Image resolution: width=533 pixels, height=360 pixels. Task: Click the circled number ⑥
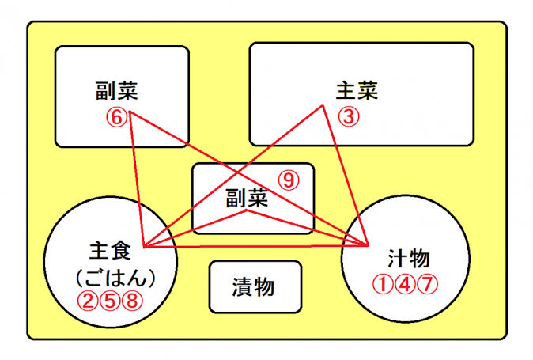coord(117,118)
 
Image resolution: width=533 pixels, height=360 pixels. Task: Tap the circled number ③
coord(349,117)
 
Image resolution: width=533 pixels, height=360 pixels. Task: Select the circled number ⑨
coord(289,180)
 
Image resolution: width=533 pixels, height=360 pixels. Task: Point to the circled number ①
coord(383,285)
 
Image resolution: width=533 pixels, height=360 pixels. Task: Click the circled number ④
coord(405,285)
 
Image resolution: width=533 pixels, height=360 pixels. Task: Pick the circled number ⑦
coord(427,285)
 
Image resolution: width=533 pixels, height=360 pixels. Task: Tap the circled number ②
coord(88,301)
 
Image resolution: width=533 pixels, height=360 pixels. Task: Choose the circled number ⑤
coord(110,301)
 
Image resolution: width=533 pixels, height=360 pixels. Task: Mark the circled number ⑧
coord(132,301)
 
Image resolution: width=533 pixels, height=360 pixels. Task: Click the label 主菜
coord(357,90)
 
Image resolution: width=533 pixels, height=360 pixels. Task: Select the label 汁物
coord(409,259)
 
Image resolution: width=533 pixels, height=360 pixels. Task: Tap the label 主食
coord(110,251)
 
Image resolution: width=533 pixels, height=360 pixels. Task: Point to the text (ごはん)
coord(115,278)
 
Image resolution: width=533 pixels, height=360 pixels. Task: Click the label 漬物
coord(254,287)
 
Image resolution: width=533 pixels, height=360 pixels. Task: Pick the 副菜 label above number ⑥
coord(116,91)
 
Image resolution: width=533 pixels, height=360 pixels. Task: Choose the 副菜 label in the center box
coord(247,199)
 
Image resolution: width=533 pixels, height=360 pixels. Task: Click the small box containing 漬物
coord(255,286)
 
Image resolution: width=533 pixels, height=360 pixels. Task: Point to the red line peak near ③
coord(322,106)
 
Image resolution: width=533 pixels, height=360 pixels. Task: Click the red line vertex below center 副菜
coord(247,210)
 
